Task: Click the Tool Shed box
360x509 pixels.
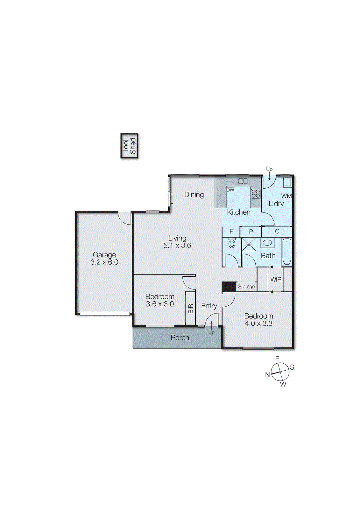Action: tap(129, 146)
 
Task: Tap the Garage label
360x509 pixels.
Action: tap(104, 255)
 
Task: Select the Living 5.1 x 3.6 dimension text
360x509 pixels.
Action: tap(177, 246)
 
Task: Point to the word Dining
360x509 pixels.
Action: tap(194, 195)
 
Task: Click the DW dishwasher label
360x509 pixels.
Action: tap(230, 190)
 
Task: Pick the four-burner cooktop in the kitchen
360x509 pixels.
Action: tap(256, 194)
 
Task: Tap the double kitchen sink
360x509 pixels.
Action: tap(243, 181)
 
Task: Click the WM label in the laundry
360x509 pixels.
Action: tap(286, 196)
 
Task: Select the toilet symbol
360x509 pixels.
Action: tap(232, 244)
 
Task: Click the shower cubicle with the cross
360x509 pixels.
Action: tap(249, 244)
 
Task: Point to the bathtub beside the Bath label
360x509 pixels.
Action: tap(286, 251)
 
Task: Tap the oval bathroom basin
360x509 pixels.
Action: tap(267, 243)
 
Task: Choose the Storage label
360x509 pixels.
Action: tap(246, 287)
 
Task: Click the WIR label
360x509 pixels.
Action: tap(276, 280)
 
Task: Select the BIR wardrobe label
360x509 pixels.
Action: tap(190, 309)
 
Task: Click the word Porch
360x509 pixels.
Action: tap(180, 338)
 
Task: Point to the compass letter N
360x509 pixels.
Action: tap(267, 375)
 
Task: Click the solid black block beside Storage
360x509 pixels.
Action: tap(229, 287)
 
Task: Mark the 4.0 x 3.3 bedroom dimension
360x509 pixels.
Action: tap(258, 324)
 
